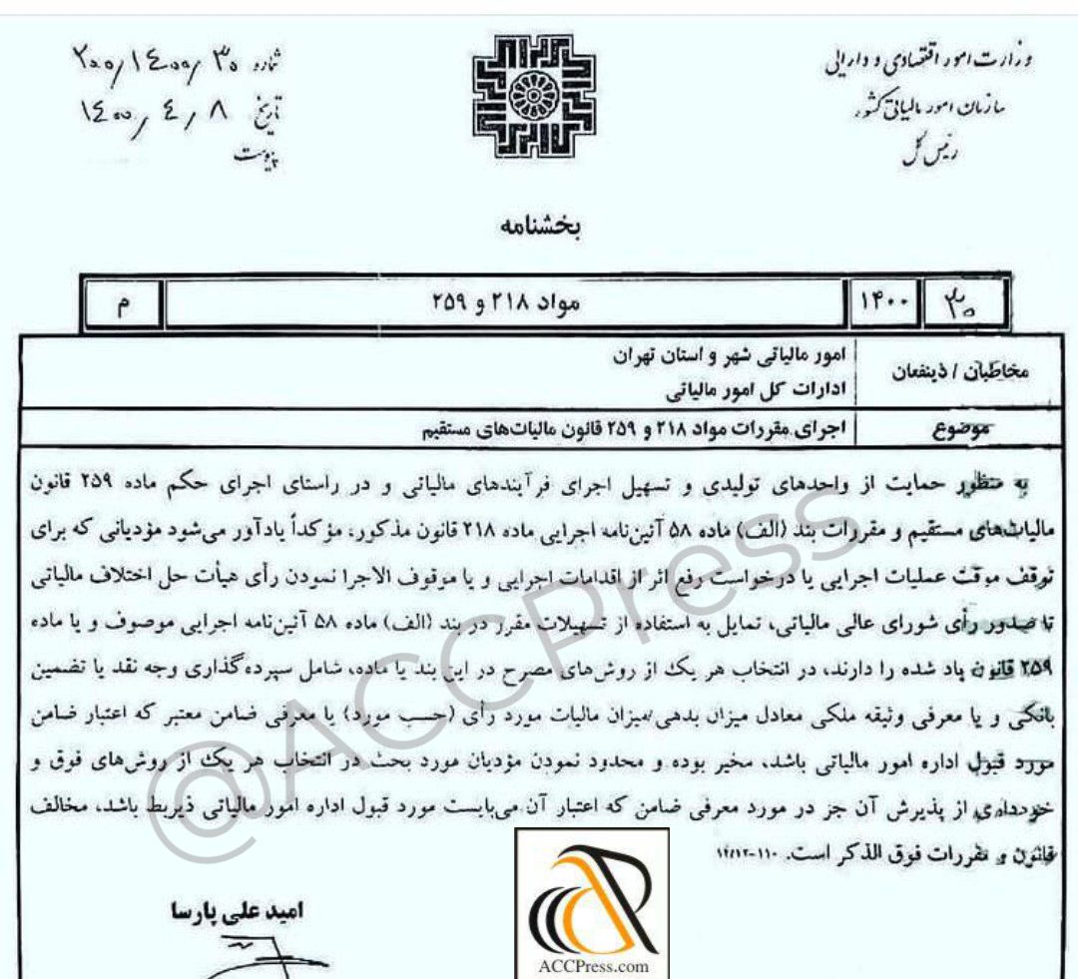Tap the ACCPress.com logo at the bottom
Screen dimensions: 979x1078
586,908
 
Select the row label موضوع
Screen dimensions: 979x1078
948,431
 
